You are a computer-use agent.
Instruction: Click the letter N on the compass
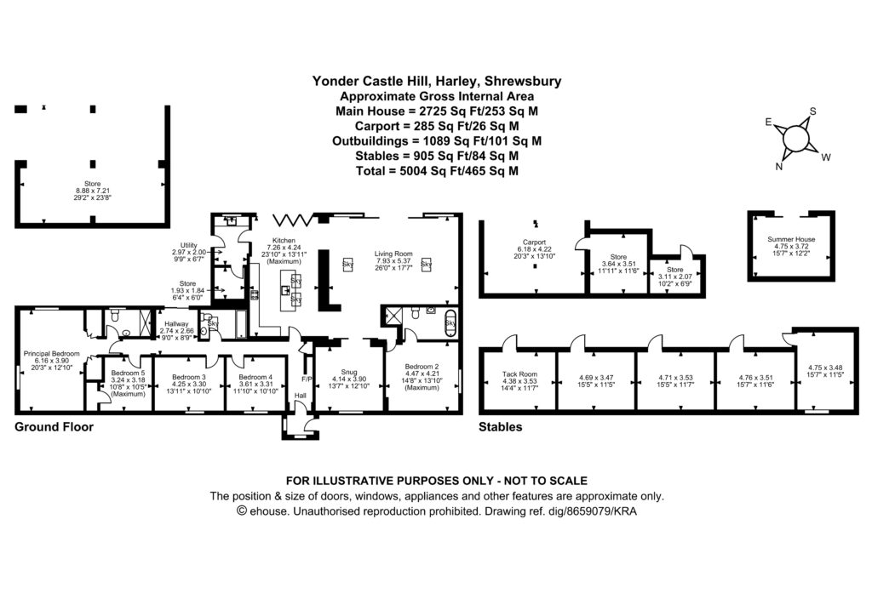778,167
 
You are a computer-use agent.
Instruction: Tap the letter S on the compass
812,111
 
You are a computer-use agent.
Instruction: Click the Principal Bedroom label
51,353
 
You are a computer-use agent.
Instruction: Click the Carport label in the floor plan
533,242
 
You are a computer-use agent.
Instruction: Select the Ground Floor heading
54,427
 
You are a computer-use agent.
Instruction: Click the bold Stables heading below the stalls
501,427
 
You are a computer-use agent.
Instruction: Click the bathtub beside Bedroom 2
450,322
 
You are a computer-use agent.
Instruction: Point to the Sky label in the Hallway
213,323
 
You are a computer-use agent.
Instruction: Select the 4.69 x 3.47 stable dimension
597,377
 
